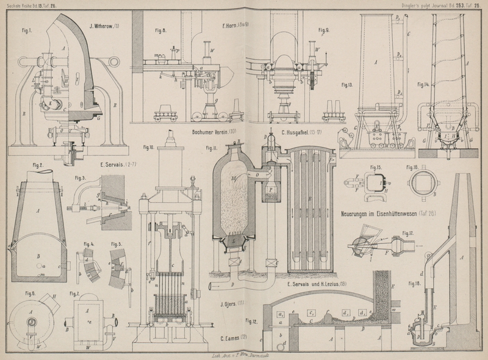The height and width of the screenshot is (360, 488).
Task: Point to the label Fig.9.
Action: (x=323, y=29)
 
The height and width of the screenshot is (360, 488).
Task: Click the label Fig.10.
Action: (x=149, y=147)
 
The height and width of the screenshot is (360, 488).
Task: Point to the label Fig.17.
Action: (x=407, y=234)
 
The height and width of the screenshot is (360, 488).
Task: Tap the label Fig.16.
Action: (x=413, y=166)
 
